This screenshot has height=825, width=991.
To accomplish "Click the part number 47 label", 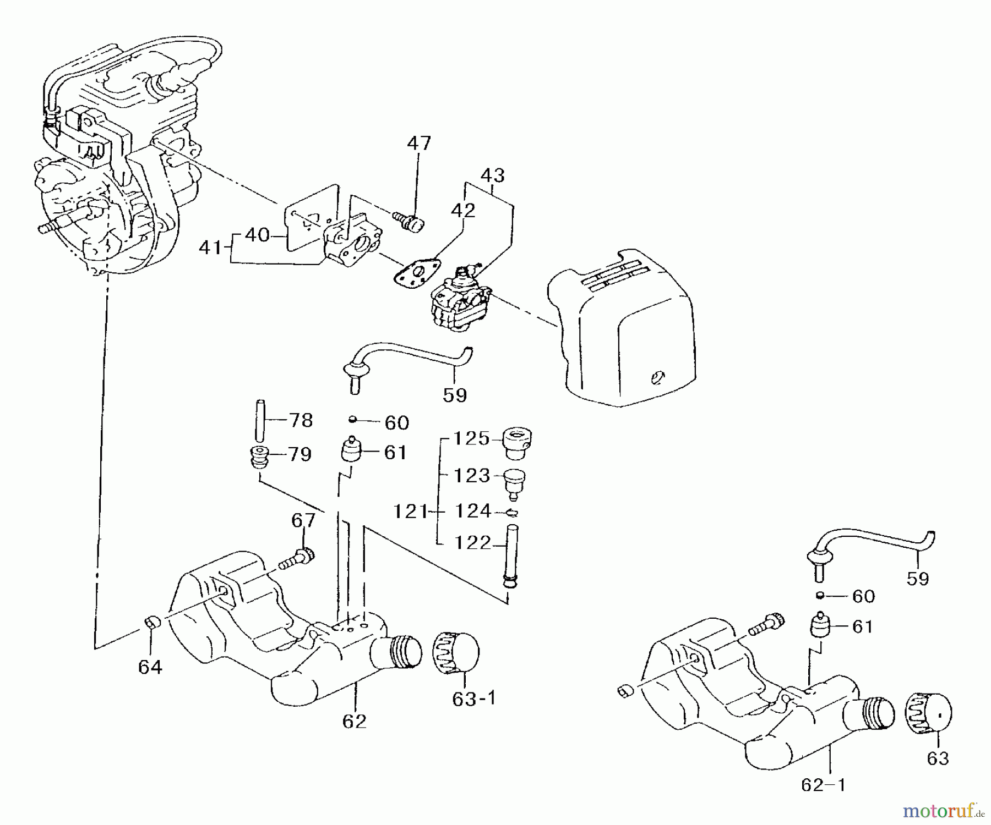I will coord(419,143).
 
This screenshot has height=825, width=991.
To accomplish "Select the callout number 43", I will coord(492,175).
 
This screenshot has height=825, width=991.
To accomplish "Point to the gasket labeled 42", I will coord(418,275).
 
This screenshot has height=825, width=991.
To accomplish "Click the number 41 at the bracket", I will coord(210,248).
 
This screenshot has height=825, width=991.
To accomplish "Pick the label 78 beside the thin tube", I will coord(301,421).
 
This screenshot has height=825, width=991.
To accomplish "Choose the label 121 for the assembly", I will coord(411,512).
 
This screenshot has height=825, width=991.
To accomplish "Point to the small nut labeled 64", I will coord(151,623).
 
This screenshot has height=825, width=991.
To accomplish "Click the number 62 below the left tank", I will coord(354,721).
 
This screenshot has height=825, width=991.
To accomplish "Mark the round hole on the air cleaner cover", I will coord(657,377).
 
